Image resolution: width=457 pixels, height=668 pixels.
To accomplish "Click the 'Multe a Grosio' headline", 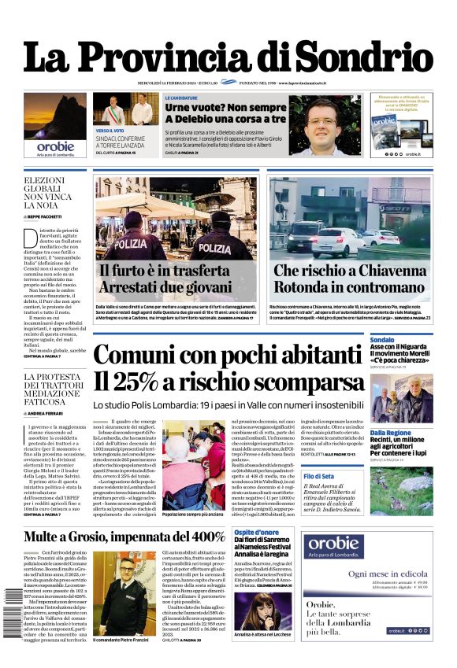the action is pos(124,515).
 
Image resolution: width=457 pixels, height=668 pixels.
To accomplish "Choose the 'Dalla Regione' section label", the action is pos(390,433).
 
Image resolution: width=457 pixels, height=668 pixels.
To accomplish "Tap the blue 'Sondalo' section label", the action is pos(382,339).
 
